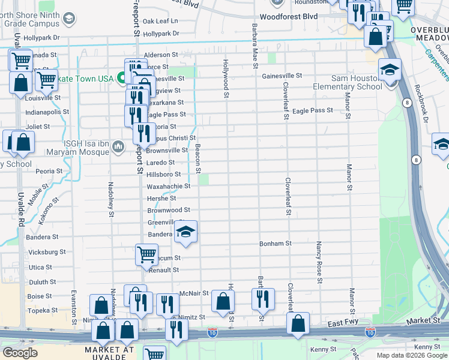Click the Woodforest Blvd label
pos(289,17)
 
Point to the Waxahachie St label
pos(169,186)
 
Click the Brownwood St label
pos(169,210)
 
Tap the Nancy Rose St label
pos(319,262)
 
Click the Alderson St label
pos(161,54)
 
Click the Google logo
pos(20,352)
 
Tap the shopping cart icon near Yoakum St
pos(146,254)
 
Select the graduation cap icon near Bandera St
pos(186,233)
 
